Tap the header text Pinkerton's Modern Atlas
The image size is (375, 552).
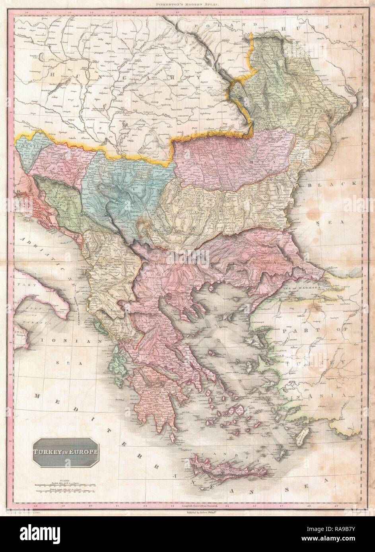pos(187,3)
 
